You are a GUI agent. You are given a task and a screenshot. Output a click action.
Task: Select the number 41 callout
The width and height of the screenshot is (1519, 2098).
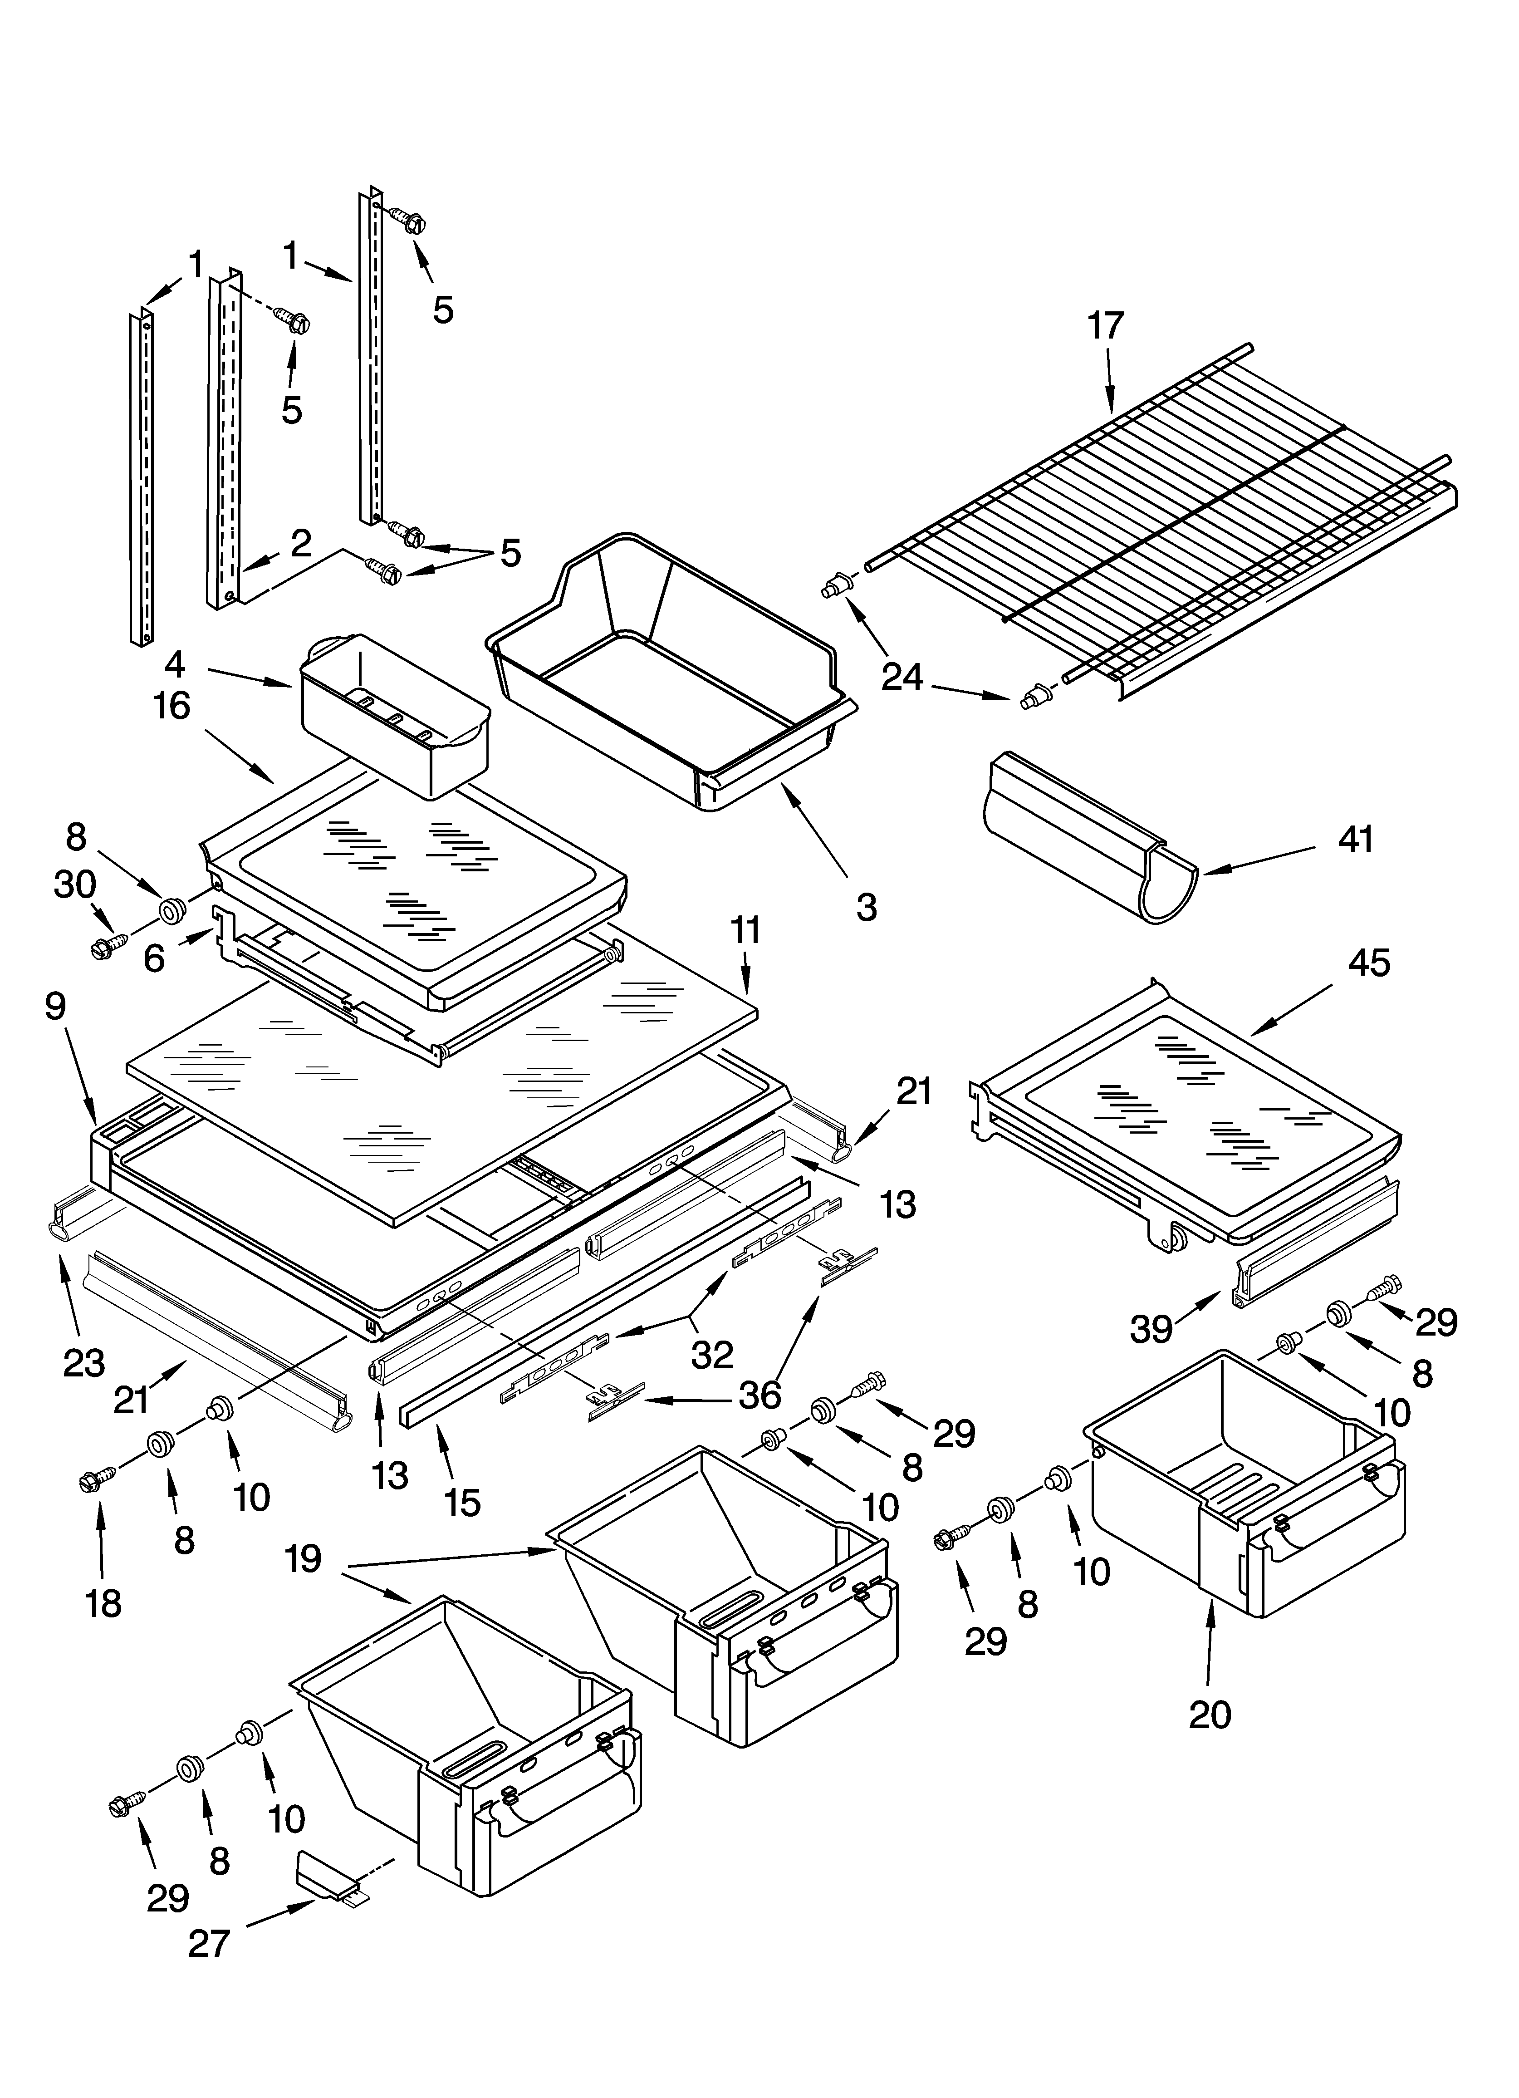(x=1355, y=839)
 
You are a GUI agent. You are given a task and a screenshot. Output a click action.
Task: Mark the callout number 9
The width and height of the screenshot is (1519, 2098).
(x=55, y=1007)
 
